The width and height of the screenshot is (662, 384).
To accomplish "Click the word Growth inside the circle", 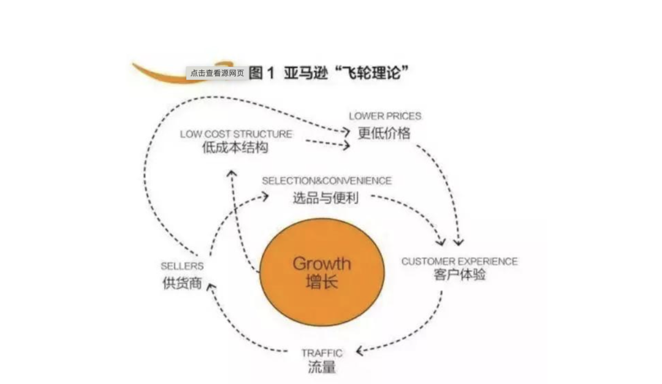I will click(322, 264).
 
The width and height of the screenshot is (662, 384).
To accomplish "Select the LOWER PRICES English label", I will click(385, 116).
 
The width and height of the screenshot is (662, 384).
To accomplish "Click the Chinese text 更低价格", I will click(384, 132).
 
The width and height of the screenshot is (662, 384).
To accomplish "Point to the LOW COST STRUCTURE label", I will click(236, 134).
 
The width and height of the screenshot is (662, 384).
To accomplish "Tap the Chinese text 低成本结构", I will click(235, 148).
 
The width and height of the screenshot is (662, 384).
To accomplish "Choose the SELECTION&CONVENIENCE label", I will click(327, 181).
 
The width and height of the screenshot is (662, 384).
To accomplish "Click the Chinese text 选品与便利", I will click(325, 198).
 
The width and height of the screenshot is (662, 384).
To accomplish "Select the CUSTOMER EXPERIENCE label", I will click(459, 261).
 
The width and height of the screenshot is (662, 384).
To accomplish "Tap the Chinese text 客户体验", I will click(459, 275).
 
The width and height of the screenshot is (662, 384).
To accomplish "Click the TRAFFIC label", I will click(322, 353).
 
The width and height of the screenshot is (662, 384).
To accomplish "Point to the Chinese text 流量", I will click(322, 367).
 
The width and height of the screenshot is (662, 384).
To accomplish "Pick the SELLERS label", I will click(182, 266).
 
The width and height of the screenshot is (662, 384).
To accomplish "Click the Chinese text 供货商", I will click(182, 283).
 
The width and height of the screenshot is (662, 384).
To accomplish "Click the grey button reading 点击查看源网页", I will click(217, 73).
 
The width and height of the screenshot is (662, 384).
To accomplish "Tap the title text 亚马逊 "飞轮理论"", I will click(346, 73).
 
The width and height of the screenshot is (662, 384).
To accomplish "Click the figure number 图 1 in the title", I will click(263, 73).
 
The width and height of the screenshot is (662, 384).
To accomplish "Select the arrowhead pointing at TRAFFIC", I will click(360, 351).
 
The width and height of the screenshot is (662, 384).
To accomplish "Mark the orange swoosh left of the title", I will click(159, 74).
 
